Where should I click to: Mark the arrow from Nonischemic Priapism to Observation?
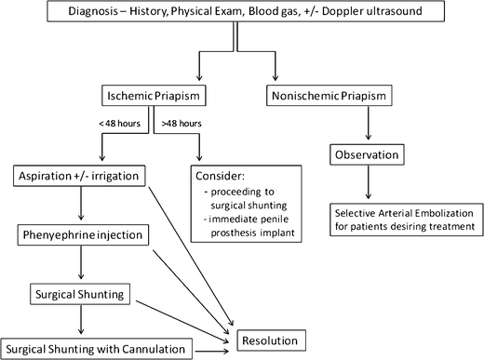point(367,126)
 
